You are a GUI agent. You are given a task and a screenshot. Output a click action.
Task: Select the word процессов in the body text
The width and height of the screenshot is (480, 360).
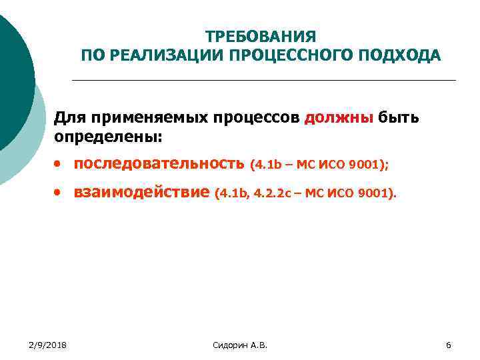coord(257,119)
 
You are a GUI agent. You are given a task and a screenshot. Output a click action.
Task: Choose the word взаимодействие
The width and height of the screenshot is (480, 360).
coord(141,193)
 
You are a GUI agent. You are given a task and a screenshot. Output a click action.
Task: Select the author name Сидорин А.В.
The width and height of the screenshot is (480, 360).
coord(240,345)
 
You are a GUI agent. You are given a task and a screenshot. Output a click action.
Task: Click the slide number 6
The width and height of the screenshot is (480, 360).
coord(449,345)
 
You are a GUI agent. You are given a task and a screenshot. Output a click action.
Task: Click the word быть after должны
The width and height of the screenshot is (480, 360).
coord(399,119)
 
